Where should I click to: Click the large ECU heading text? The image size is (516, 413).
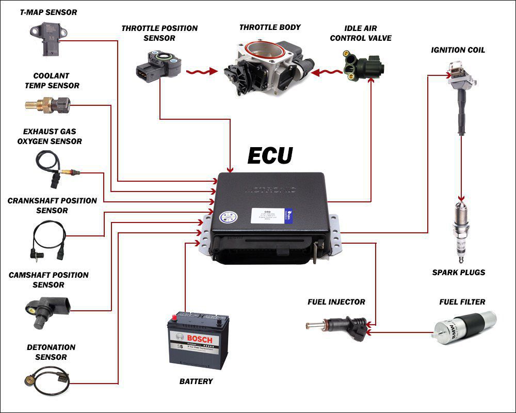tap(270, 155)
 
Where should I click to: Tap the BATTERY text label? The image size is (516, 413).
tap(196, 382)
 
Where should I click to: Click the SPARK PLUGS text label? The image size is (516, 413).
tap(459, 272)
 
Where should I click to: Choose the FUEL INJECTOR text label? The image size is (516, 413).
tap(336, 302)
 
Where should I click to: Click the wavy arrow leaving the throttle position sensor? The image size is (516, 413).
tap(201, 72)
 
